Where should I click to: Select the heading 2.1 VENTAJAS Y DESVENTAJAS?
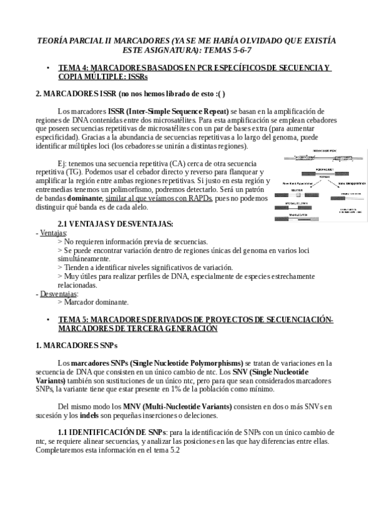click(116, 223)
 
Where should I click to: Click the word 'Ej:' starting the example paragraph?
click(63, 163)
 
